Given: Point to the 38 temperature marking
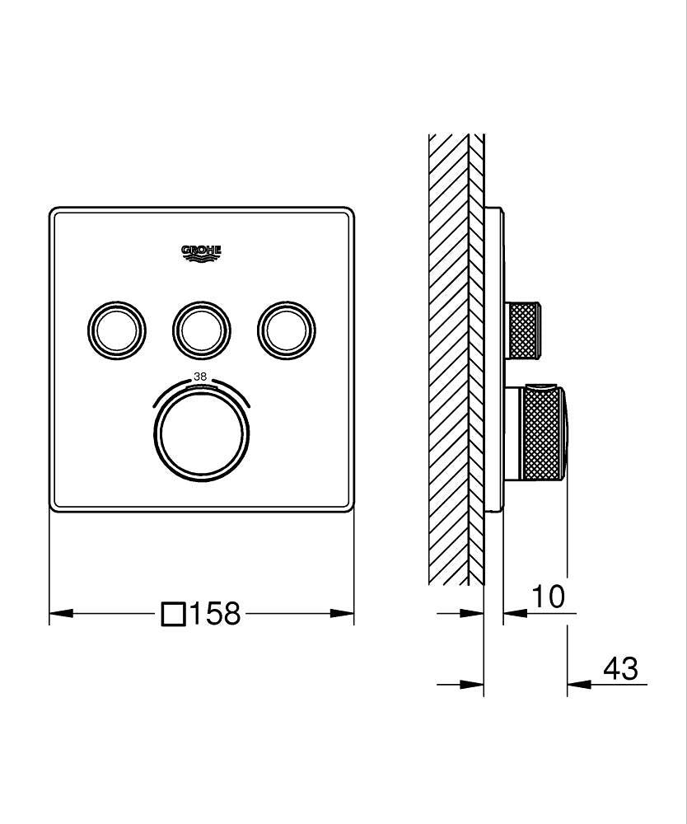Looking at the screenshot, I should point(200,377).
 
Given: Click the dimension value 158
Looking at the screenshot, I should point(215,614).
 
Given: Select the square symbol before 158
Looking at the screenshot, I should point(173,614).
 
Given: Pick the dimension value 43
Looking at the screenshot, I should point(620,669).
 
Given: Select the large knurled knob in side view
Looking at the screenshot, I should point(544,434).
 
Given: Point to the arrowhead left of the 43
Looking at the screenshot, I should point(577,684).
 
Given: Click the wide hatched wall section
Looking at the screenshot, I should point(448,363).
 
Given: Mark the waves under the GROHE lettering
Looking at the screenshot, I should point(201,260).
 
